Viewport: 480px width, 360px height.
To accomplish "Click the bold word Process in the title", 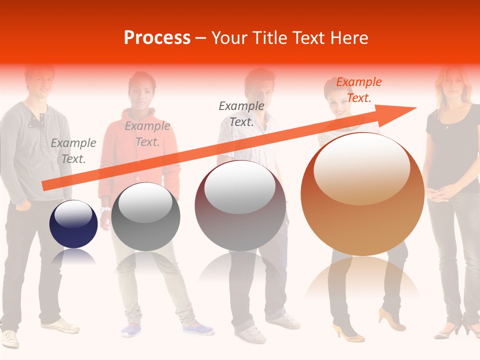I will pyautogui.click(x=157, y=38).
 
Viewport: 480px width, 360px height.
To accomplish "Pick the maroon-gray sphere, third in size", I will pyautogui.click(x=240, y=205).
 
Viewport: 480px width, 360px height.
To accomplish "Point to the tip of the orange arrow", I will pyautogui.click(x=414, y=107).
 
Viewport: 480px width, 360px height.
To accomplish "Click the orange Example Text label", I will pyautogui.click(x=359, y=90).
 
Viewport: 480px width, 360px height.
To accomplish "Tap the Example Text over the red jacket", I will pyautogui.click(x=147, y=134).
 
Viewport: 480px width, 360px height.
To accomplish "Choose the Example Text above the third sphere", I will pyautogui.click(x=241, y=113).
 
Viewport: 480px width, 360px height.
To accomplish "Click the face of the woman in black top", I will pyautogui.click(x=452, y=80).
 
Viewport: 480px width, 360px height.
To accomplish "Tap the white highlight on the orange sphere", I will pyautogui.click(x=361, y=167).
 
